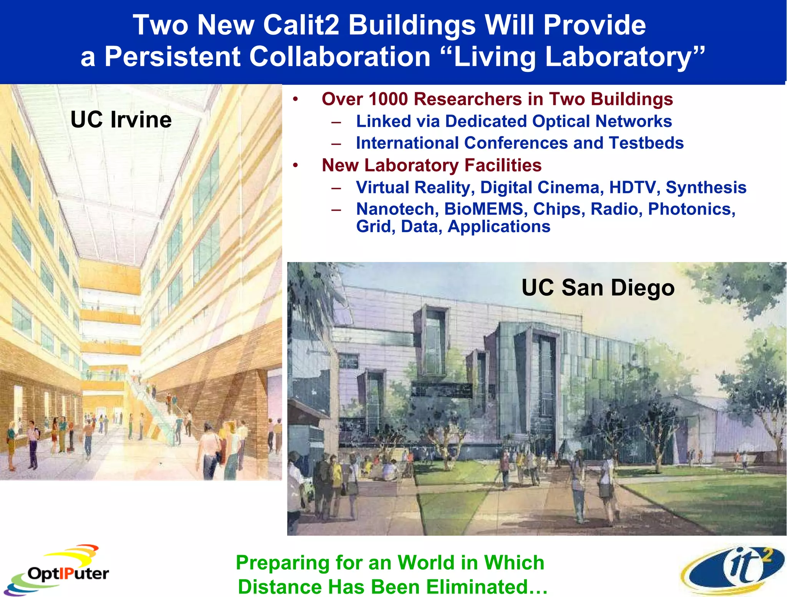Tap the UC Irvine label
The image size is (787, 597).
point(121,120)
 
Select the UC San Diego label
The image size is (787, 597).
point(598,288)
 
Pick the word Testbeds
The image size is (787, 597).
point(646,143)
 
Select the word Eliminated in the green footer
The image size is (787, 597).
point(477,587)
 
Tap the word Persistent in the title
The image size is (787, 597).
point(172,57)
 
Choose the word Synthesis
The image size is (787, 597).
point(706,188)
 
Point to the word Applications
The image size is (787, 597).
point(499,226)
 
